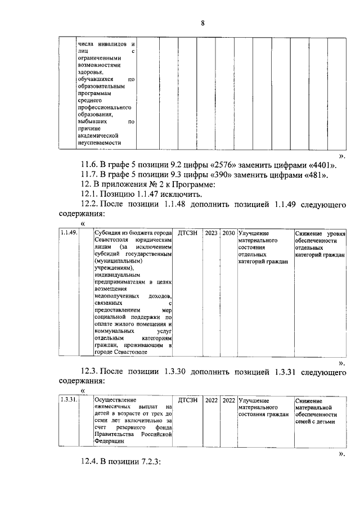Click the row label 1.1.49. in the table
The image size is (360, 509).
tap(68, 233)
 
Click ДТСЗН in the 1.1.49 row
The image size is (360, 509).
tap(188, 233)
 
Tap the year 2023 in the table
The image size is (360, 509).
tap(211, 233)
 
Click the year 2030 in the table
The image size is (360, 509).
tap(228, 233)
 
